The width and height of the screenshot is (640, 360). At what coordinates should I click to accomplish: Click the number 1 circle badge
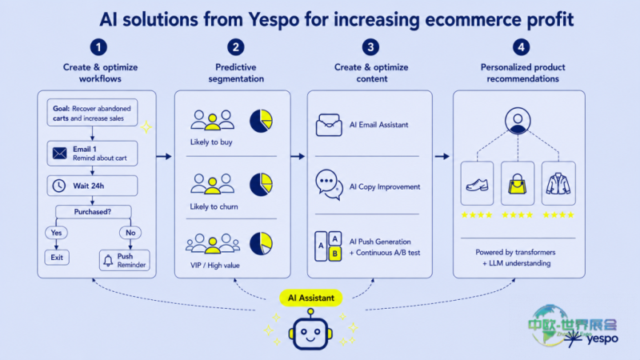98,47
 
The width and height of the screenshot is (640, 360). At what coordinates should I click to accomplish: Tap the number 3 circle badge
370,47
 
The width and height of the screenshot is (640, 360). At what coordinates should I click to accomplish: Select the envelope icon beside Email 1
59,154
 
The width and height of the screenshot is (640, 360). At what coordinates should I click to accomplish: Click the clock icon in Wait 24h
59,186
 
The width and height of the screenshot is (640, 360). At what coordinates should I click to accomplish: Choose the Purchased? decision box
93,211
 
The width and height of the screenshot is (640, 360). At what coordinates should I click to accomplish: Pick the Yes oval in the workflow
56,233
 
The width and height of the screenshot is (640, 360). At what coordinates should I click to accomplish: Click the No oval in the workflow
130,233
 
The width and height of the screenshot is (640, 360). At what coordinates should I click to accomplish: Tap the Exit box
57,258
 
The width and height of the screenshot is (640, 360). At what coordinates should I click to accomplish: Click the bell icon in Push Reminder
108,261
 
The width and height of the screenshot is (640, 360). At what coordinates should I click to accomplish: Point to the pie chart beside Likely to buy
261,121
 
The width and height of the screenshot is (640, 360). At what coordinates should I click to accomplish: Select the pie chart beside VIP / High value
261,244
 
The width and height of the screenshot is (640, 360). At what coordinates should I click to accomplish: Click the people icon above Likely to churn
212,184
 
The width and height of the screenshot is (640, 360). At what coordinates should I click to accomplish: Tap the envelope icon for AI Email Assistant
329,125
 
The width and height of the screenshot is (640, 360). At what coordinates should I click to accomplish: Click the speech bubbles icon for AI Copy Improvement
329,185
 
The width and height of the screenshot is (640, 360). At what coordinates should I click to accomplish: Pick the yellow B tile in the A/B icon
335,254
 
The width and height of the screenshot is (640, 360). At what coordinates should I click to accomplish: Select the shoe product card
477,183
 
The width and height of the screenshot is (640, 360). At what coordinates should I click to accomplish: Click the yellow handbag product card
518,183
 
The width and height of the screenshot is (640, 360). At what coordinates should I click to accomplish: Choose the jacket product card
558,183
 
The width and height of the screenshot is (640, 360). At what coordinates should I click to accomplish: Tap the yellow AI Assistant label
311,298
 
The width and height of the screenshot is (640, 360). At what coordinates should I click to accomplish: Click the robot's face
310,334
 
